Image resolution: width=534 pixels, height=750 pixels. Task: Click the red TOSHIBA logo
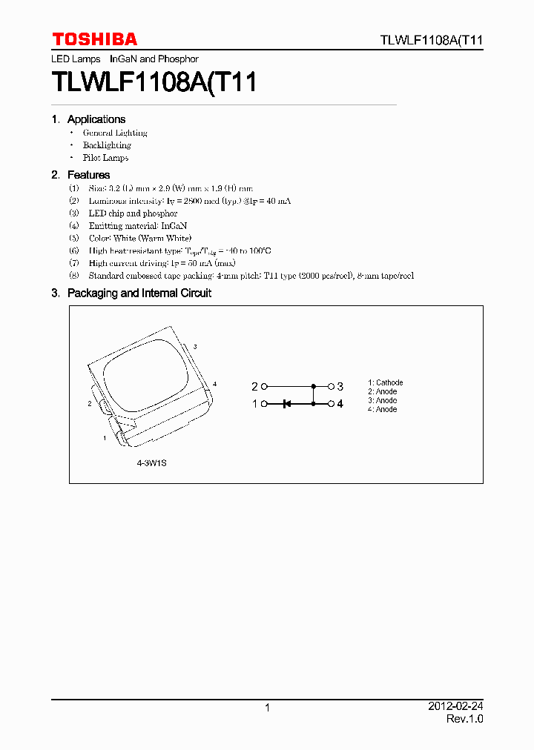[x=94, y=39]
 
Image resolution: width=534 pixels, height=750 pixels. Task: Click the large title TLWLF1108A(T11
[x=154, y=82]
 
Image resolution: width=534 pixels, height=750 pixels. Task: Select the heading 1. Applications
[x=88, y=119]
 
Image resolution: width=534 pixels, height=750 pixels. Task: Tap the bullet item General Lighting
[x=115, y=133]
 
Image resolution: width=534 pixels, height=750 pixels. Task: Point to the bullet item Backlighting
[x=107, y=145]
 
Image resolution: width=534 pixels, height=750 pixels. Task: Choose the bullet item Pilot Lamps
[x=105, y=158]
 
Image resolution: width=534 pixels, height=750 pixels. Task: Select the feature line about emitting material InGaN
[x=128, y=225]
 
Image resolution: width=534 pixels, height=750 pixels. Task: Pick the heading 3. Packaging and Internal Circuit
[x=131, y=293]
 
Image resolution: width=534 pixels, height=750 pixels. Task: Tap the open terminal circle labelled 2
[x=264, y=387]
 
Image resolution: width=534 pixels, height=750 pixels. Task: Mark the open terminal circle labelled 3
[x=331, y=387]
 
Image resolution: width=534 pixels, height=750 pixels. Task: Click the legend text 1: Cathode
[x=386, y=383]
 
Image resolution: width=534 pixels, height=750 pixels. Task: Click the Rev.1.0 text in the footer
[x=465, y=719]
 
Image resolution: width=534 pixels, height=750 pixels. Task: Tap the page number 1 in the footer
[x=267, y=708]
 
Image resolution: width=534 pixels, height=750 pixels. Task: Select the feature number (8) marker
[x=73, y=276]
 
